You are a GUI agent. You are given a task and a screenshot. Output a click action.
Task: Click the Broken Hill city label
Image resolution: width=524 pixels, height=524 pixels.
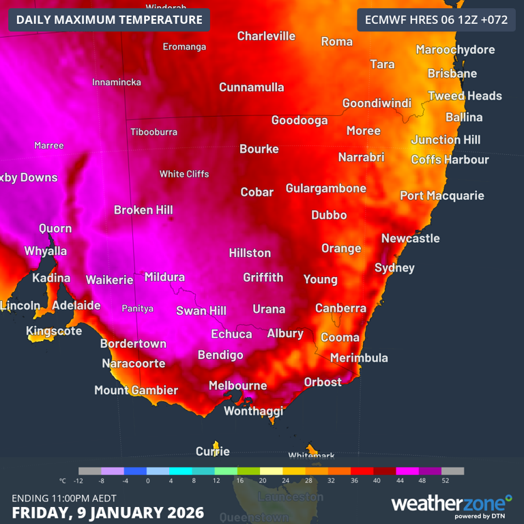(143, 210)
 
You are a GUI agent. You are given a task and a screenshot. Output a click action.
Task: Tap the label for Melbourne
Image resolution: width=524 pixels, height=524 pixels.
(237, 385)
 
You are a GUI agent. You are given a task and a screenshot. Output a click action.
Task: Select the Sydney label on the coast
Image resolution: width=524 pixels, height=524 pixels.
(394, 268)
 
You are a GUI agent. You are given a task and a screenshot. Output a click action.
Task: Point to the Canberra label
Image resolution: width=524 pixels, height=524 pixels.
(340, 308)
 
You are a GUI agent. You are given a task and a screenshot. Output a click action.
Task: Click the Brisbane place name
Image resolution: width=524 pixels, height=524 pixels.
(452, 73)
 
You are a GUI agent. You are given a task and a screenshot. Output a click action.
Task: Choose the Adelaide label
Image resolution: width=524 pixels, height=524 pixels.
(76, 306)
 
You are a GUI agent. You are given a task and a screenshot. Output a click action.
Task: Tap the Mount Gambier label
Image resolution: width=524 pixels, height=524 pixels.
(136, 390)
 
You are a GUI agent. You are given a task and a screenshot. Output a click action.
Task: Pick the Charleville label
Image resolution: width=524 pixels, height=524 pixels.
(266, 36)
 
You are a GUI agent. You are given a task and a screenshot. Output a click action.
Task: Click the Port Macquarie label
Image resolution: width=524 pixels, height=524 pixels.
(442, 196)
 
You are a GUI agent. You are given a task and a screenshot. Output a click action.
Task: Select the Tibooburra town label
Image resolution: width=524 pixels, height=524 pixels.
(154, 132)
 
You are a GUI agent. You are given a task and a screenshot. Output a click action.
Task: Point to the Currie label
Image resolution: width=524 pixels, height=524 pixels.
(213, 451)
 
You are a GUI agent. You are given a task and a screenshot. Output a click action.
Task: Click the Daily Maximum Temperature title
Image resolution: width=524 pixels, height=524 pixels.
(109, 20)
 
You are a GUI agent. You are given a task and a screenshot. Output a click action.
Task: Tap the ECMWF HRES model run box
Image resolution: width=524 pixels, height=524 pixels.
(436, 20)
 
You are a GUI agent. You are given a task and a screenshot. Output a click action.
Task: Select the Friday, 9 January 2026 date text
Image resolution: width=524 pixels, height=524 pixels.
(108, 512)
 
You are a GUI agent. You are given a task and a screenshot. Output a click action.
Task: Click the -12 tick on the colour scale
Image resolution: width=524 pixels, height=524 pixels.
(78, 480)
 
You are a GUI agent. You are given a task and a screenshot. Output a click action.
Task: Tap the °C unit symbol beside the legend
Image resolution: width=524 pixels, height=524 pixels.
(63, 480)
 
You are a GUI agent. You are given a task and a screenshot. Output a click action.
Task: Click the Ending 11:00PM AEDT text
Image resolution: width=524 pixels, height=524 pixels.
(64, 497)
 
